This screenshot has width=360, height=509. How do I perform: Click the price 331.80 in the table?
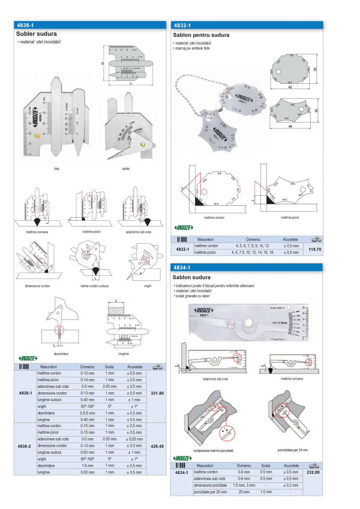click(x=157, y=393)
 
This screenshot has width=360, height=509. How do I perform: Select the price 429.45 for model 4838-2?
click(x=157, y=446)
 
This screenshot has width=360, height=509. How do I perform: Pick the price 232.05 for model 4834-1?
click(x=313, y=472)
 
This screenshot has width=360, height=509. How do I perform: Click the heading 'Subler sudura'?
click(x=36, y=34)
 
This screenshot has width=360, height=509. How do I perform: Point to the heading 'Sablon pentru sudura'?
click(x=201, y=35)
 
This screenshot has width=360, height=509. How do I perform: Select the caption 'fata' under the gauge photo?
click(x=57, y=169)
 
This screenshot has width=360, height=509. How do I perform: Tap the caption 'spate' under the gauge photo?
click(x=126, y=169)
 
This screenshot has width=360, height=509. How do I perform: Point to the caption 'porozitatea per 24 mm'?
click(x=293, y=450)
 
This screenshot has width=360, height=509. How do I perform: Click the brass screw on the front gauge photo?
click(x=36, y=136)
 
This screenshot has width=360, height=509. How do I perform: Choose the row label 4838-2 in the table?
click(x=25, y=446)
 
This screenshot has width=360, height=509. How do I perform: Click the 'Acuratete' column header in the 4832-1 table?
click(x=290, y=239)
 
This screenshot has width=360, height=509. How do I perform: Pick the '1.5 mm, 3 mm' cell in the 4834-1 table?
click(x=244, y=485)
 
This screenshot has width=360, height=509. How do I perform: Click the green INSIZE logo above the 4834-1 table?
click(x=183, y=458)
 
